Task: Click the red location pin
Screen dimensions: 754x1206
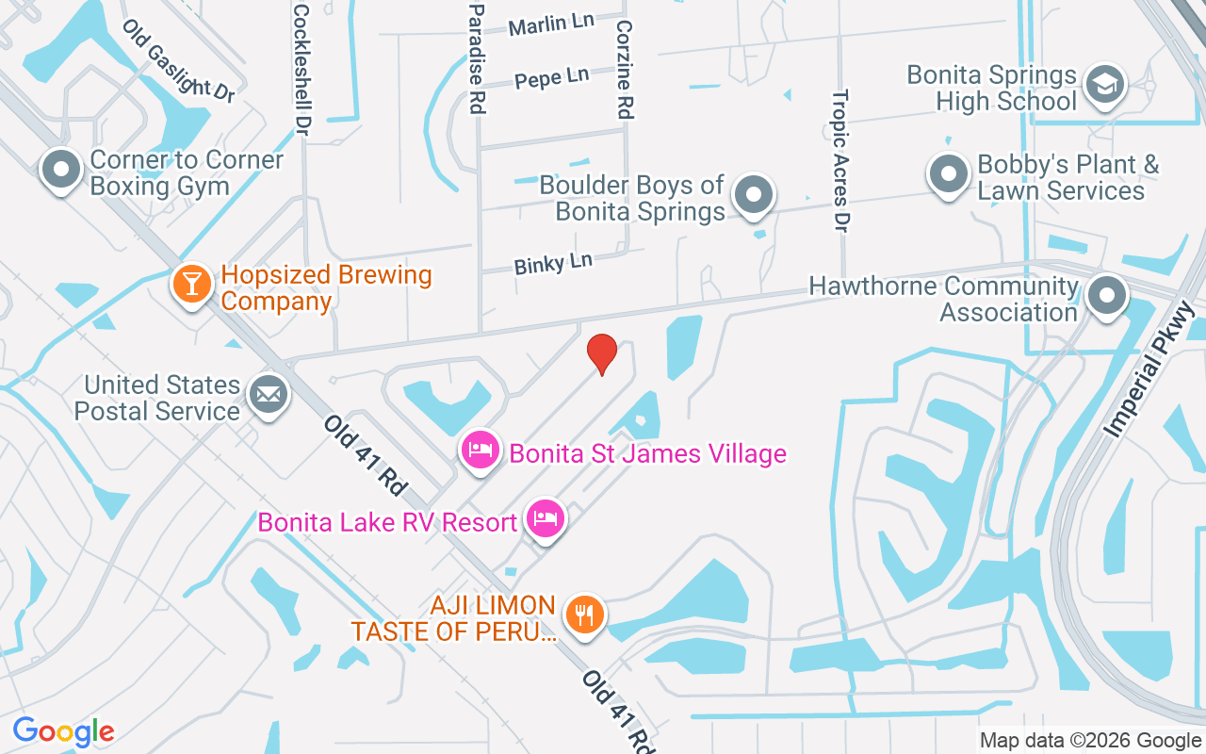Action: tap(602, 354)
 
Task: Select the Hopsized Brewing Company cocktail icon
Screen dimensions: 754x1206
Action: tap(192, 285)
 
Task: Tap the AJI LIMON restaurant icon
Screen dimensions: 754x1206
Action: tap(585, 615)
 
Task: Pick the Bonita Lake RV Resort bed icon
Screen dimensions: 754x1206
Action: tap(546, 518)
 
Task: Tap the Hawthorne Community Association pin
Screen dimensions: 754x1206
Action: tap(1107, 296)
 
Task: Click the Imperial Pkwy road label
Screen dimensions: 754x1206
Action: tap(1149, 369)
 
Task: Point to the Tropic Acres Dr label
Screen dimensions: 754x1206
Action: tap(840, 160)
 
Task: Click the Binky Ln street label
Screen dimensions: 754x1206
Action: tap(553, 263)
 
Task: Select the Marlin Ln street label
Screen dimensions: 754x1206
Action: tap(551, 25)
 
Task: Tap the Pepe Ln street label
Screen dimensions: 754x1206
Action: tap(551, 78)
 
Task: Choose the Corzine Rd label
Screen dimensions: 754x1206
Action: tap(624, 71)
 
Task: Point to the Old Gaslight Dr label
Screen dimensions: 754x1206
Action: tap(178, 60)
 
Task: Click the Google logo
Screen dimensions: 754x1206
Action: tap(63, 731)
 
